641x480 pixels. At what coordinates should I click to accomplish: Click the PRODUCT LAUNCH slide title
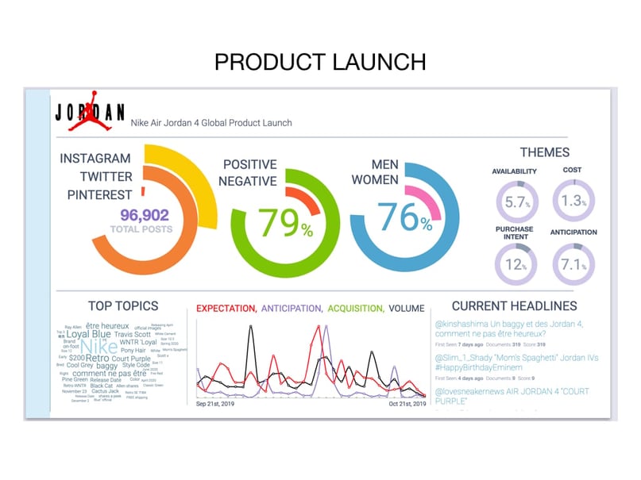coord(320,61)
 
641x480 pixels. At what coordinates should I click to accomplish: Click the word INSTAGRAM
coord(95,159)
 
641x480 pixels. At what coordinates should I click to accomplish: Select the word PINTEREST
coord(99,194)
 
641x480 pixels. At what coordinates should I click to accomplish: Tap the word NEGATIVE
coord(249,181)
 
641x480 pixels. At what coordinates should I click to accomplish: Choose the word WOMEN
coord(374,181)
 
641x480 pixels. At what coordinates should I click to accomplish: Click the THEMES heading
coord(545,152)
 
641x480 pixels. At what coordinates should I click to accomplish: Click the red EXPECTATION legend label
coord(226,308)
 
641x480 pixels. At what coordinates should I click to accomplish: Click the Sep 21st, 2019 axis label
coord(223,404)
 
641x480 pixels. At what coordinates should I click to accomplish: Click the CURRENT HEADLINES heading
coord(514,305)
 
